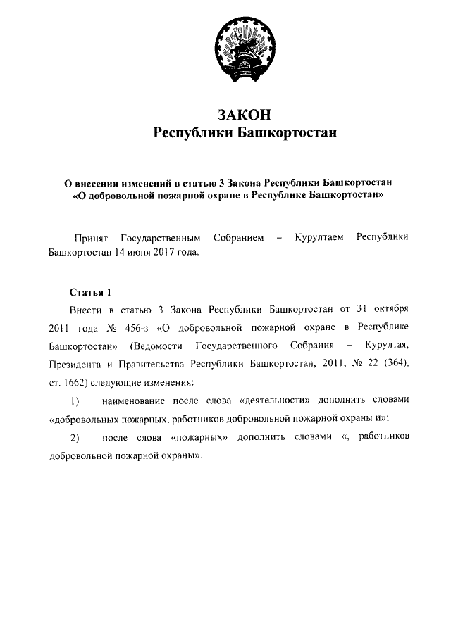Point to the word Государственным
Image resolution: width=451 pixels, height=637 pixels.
pos(160,238)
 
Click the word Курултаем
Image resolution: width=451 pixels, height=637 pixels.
pos(319,238)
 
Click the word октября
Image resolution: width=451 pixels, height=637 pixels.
pos(389,309)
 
